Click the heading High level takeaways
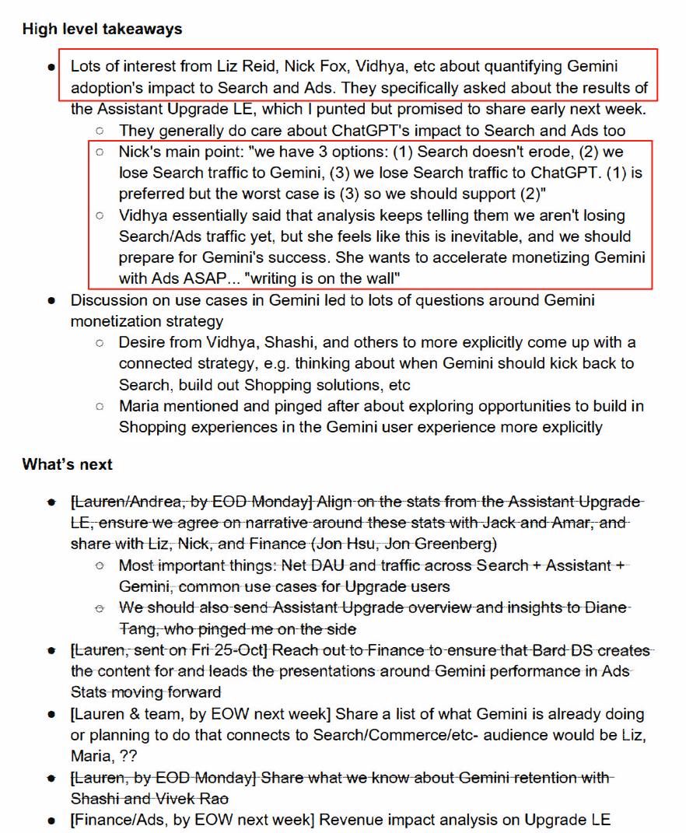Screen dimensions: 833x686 coord(102,30)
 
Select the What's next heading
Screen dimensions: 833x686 coord(68,464)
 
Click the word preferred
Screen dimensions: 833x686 coord(152,194)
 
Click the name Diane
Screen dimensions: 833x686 coord(608,607)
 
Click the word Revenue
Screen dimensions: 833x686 coord(348,819)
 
